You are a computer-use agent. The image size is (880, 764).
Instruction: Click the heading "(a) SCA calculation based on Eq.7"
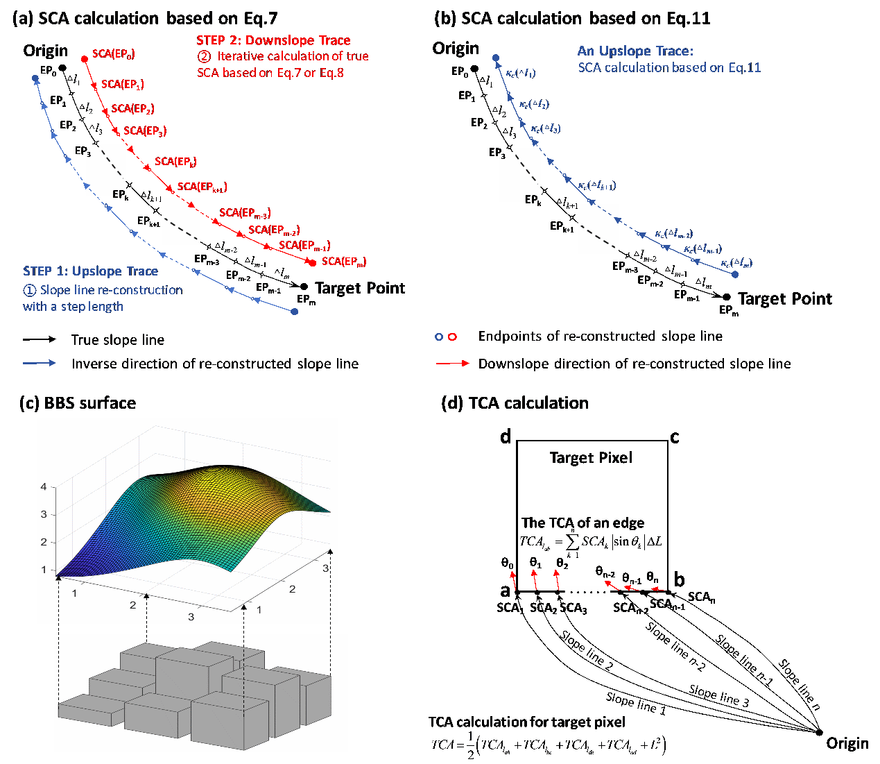click(146, 19)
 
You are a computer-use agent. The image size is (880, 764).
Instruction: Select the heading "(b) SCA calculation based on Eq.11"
click(572, 19)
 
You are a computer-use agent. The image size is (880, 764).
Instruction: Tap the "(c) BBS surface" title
click(78, 403)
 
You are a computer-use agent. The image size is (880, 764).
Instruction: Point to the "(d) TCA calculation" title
click(515, 403)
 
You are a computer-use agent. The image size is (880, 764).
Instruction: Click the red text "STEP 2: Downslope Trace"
click(273, 40)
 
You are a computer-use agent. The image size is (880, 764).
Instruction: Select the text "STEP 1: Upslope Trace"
click(90, 271)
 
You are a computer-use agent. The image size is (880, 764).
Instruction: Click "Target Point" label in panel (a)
click(360, 289)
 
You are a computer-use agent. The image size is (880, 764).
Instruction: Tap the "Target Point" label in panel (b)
click(785, 299)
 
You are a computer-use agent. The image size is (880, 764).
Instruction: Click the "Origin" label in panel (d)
click(847, 744)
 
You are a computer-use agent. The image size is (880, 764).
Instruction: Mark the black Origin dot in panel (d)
click(820, 732)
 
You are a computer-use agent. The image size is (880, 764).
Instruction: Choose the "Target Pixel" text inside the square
click(591, 458)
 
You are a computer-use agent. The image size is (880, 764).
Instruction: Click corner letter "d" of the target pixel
click(506, 436)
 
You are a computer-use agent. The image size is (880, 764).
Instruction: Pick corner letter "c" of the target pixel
click(675, 437)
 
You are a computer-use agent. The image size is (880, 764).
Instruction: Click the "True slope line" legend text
click(118, 340)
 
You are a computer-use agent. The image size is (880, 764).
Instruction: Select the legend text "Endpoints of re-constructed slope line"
click(601, 337)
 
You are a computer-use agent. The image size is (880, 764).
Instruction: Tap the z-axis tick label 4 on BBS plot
click(44, 486)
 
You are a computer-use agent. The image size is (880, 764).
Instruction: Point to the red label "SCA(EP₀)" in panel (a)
click(113, 54)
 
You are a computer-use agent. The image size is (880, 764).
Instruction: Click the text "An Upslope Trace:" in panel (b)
click(635, 51)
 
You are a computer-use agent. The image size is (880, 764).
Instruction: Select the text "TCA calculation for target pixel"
click(527, 722)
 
